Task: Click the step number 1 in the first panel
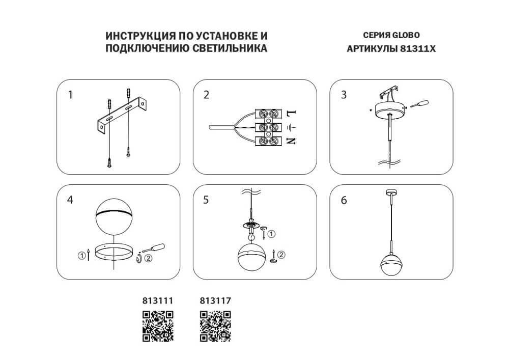point(71,95)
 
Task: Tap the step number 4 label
point(71,200)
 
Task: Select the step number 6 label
point(344,200)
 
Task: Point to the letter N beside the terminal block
point(291,141)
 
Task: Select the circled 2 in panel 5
point(281,255)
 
